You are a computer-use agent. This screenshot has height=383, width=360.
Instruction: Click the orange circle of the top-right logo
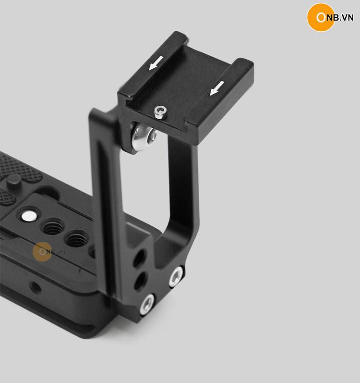(x=321, y=17)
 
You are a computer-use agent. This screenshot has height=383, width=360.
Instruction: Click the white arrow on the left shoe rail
(x=156, y=63)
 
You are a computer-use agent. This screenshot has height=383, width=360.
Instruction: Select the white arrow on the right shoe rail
(x=217, y=88)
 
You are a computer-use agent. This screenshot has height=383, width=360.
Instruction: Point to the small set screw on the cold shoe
(x=161, y=112)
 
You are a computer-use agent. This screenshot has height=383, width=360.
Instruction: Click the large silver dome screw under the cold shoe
(x=144, y=136)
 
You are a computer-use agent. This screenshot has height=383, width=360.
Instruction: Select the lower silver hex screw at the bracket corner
(x=147, y=304)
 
